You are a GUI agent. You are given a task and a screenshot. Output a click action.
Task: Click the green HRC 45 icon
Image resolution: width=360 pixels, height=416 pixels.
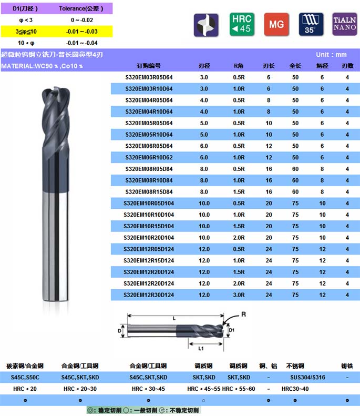coord(242,24)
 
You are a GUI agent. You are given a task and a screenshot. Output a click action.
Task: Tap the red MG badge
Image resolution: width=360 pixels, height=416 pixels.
coord(276,24)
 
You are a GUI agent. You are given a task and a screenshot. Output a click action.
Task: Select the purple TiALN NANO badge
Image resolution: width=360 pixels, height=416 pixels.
coord(345,24)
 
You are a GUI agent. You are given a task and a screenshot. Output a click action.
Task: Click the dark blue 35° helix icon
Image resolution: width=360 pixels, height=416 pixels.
coord(311,24)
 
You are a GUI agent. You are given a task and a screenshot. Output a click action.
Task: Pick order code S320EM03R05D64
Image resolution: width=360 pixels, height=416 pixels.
coord(149,77)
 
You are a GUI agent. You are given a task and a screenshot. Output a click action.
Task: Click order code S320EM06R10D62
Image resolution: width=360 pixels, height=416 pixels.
coord(149,158)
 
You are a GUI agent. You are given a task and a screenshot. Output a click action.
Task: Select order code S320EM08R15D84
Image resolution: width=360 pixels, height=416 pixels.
coord(149,192)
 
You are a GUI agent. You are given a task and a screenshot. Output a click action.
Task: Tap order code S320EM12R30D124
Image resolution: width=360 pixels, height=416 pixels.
coord(149,295)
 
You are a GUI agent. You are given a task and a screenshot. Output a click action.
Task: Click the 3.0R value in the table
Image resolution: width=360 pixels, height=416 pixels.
coord(239,295)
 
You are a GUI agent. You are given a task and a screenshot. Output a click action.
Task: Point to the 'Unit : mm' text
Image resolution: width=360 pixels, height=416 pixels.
coord(331,55)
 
